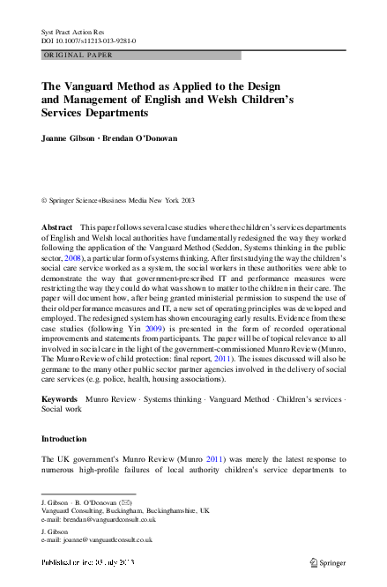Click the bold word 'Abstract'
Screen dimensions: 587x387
tap(57, 227)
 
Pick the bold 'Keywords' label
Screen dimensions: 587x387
tap(59, 398)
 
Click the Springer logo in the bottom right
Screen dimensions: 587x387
tap(328, 561)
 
